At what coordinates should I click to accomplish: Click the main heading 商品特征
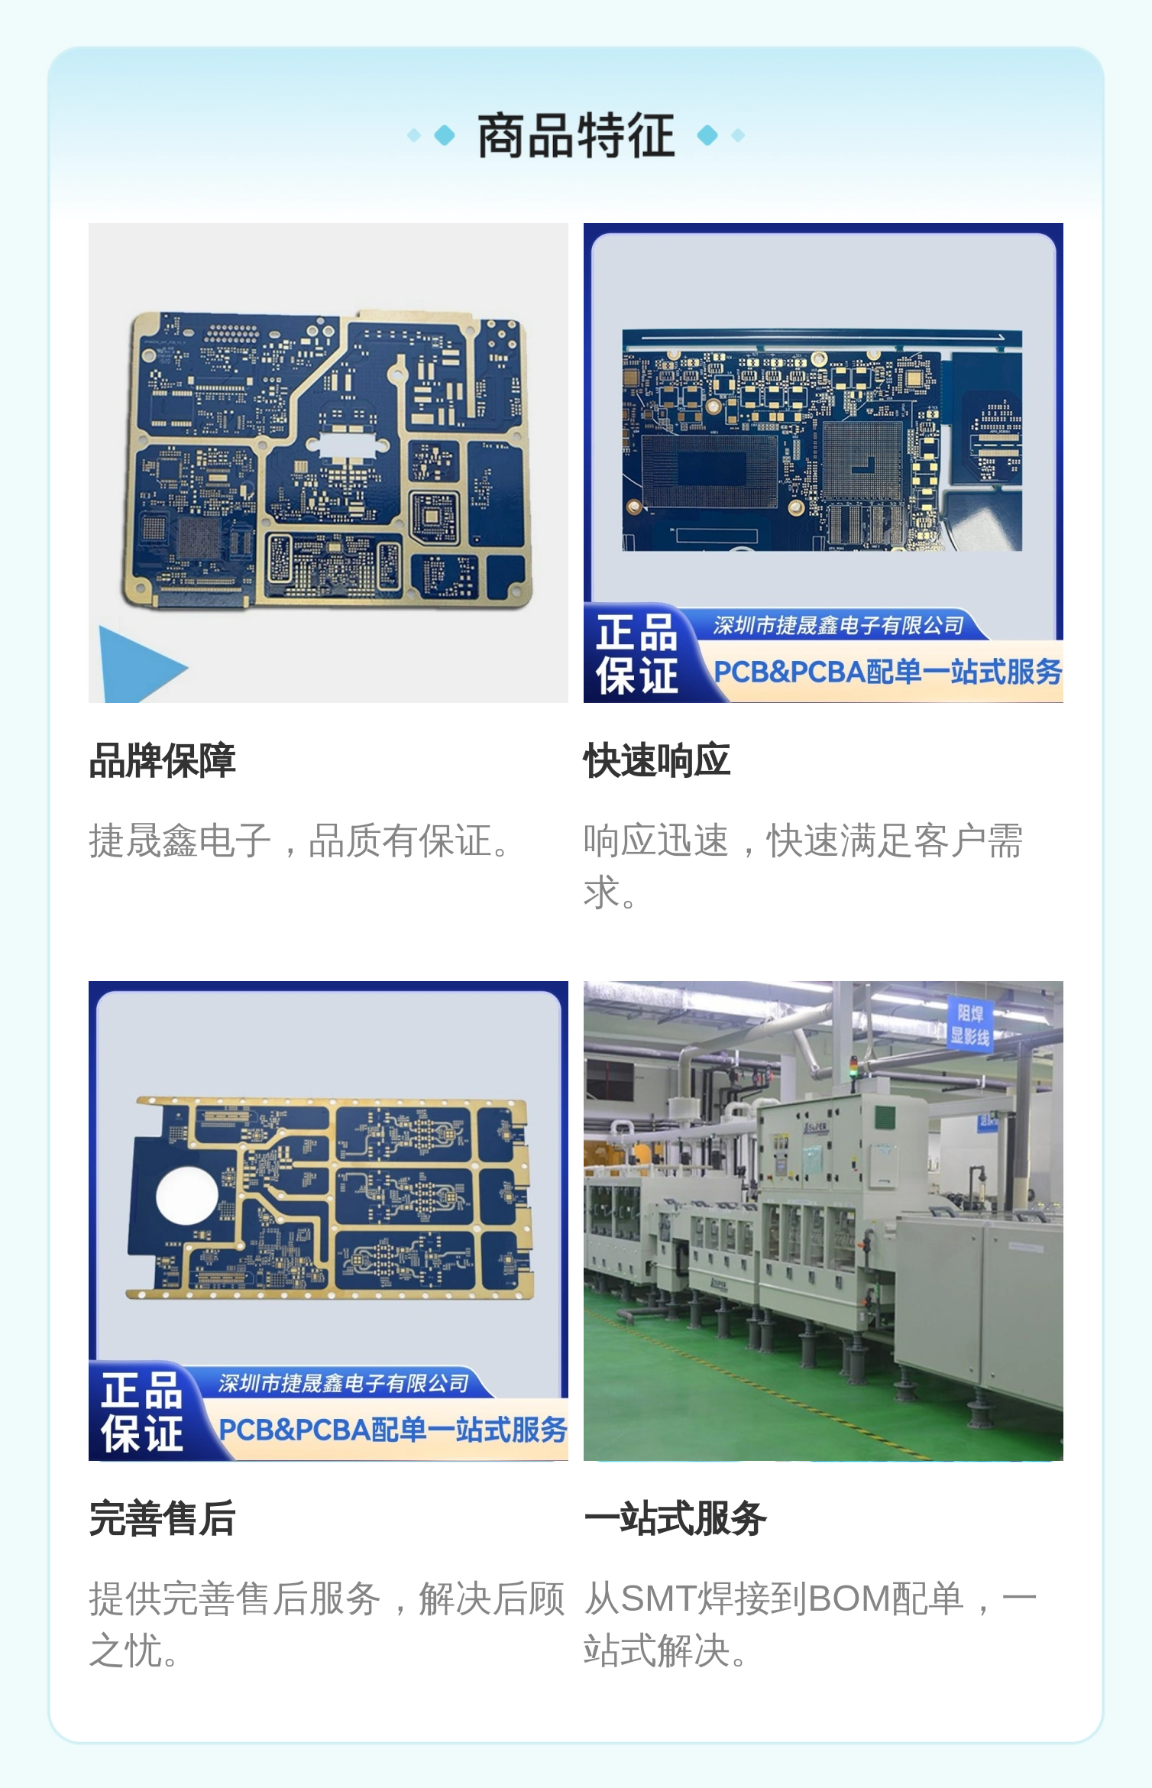(576, 135)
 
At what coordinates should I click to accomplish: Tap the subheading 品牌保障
(162, 760)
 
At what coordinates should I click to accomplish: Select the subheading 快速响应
(657, 760)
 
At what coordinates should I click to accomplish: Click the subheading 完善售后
(162, 1518)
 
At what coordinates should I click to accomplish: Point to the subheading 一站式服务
(675, 1518)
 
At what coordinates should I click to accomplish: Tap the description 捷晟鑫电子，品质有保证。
(299, 841)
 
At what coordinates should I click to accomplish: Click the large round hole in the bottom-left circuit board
(186, 1197)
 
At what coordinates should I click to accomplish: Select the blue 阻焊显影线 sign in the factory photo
(970, 1025)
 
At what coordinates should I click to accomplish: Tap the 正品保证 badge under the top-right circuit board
(637, 654)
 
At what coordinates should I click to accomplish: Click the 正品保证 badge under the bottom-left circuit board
(142, 1412)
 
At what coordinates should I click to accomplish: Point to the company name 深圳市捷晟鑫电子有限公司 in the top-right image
(839, 626)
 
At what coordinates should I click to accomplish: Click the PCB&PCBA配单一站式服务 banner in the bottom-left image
(393, 1430)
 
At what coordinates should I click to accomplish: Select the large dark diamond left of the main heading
(444, 135)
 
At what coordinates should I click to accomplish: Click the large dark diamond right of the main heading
(708, 135)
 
